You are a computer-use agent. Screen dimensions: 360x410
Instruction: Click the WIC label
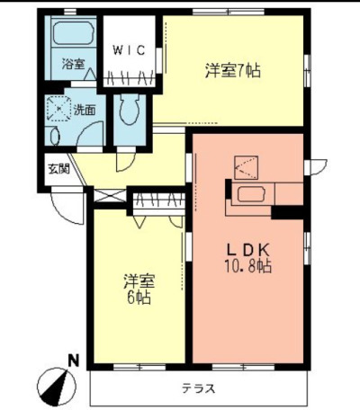pyautogui.click(x=129, y=50)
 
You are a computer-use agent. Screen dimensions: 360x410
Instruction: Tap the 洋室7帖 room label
pyautogui.click(x=233, y=71)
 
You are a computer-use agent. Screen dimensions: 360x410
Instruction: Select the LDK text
pyautogui.click(x=248, y=250)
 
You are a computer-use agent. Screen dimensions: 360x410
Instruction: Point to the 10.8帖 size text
pyautogui.click(x=248, y=266)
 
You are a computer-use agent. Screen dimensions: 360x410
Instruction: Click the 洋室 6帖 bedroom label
pyautogui.click(x=139, y=289)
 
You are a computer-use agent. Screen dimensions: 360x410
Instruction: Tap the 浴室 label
pyautogui.click(x=73, y=64)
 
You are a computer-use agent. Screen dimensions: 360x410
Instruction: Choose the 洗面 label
pyautogui.click(x=85, y=111)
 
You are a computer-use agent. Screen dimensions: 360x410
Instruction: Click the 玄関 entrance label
pyautogui.click(x=59, y=169)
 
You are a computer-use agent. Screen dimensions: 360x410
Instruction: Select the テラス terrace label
pyautogui.click(x=198, y=388)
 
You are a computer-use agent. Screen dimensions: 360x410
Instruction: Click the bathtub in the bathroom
pyautogui.click(x=73, y=32)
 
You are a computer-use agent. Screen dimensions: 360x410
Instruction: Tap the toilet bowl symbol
pyautogui.click(x=130, y=109)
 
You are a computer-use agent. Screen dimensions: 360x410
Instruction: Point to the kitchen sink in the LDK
pyautogui.click(x=251, y=194)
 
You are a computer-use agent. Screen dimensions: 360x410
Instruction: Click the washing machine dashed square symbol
pyautogui.click(x=59, y=109)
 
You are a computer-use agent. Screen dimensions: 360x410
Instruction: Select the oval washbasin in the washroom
pyautogui.click(x=55, y=137)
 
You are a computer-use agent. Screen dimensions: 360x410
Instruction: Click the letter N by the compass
pyautogui.click(x=73, y=361)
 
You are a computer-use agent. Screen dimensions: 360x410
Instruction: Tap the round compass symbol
pyautogui.click(x=57, y=387)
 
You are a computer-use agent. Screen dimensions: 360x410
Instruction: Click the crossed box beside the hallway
pyautogui.click(x=109, y=196)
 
